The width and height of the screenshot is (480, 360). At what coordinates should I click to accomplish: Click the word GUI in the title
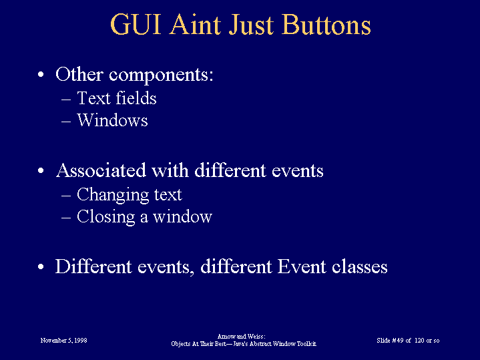tap(136, 25)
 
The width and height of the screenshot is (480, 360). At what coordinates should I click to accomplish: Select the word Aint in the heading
tap(195, 25)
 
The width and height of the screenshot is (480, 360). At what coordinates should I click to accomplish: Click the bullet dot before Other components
tap(41, 74)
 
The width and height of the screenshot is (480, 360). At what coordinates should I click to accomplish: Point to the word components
tap(161, 75)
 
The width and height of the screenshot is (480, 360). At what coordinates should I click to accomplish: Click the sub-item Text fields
tap(117, 98)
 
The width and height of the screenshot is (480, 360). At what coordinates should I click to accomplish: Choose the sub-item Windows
tap(112, 120)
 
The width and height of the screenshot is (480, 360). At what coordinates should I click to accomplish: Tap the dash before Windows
tap(66, 122)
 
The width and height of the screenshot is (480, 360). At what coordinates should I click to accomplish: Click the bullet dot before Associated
tap(41, 171)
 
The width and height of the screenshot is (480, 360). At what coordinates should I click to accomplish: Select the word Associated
tap(101, 170)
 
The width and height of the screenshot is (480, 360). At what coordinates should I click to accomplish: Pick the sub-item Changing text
tap(130, 195)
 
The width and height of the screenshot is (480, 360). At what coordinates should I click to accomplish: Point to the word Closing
tap(106, 217)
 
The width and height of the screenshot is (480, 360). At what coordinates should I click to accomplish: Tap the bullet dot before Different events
tap(41, 267)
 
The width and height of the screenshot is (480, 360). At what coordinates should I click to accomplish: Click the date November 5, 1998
tap(63, 341)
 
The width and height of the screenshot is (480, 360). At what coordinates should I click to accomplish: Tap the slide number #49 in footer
tap(398, 341)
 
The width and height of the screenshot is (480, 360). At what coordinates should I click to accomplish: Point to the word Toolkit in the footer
tap(306, 344)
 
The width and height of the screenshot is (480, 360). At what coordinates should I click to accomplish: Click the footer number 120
tap(419, 341)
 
